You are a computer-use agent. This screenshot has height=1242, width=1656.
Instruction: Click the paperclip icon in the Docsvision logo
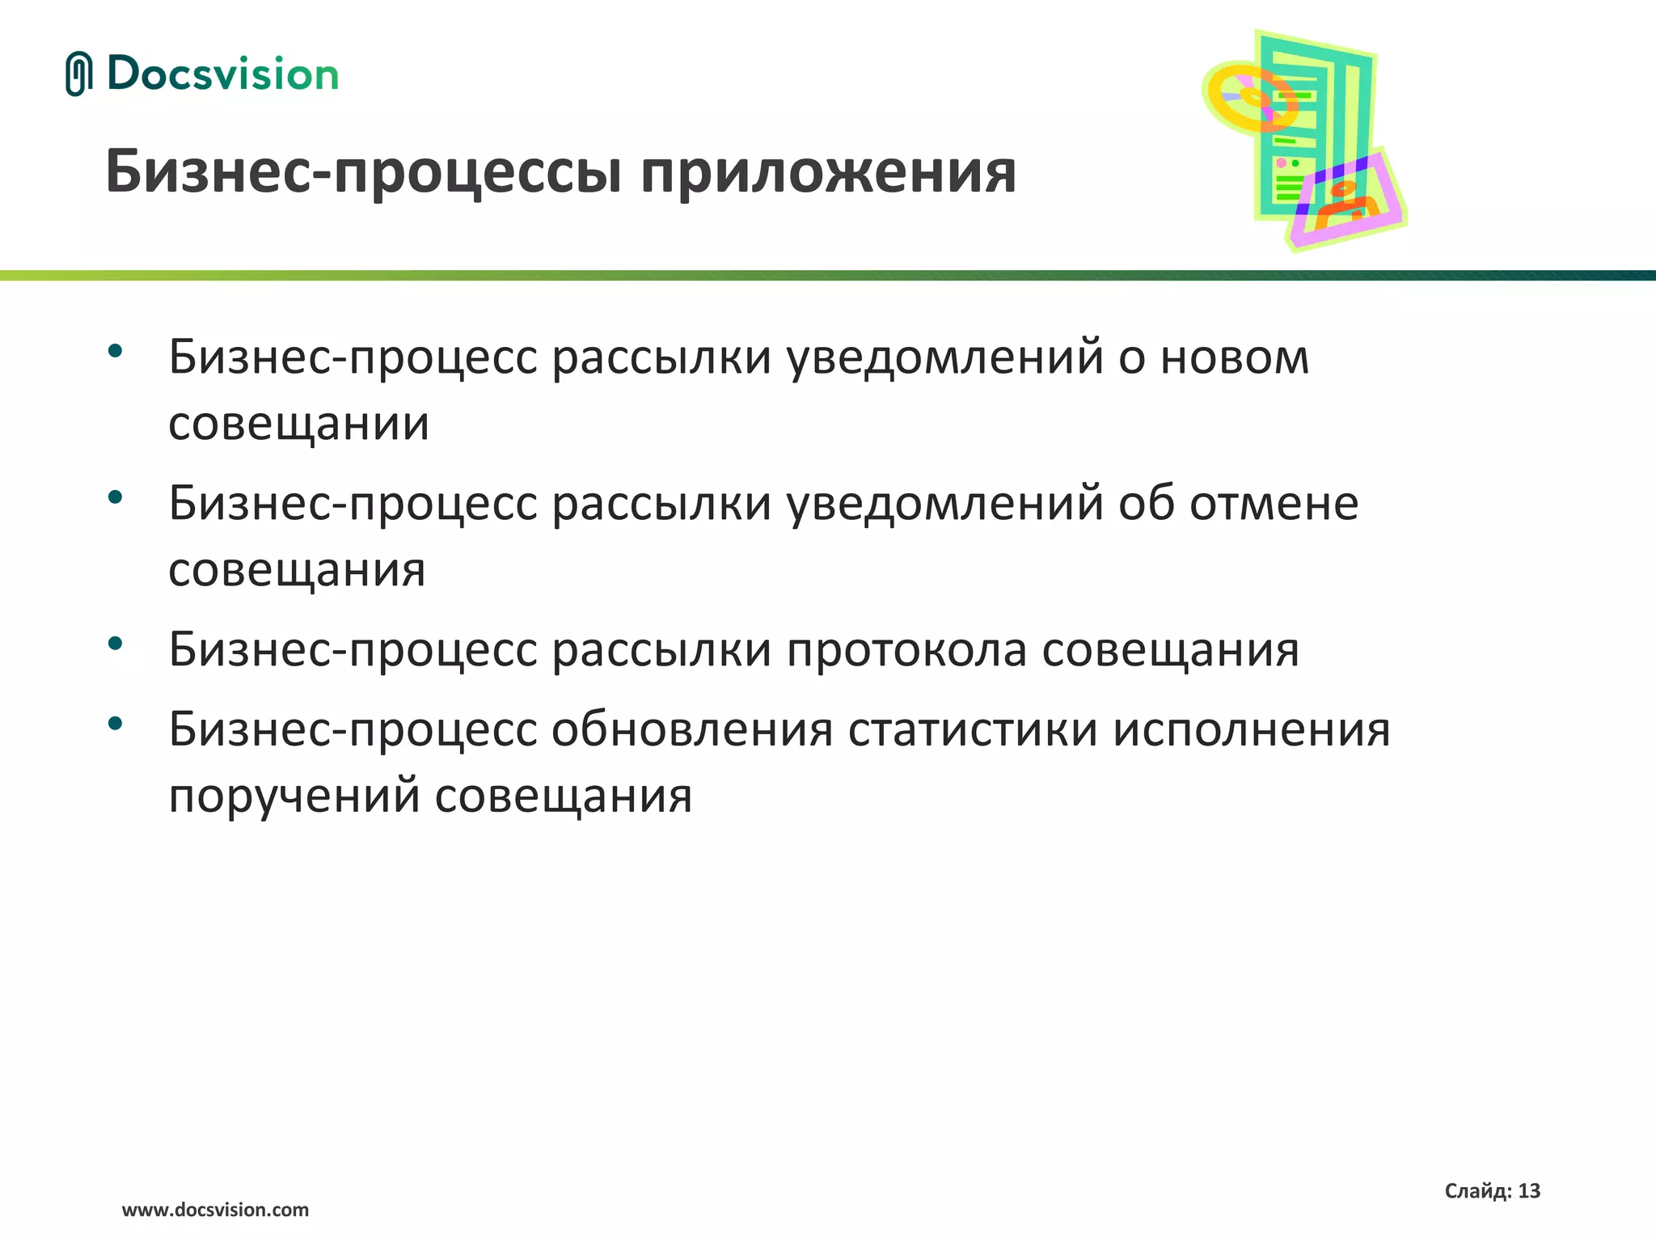click(78, 74)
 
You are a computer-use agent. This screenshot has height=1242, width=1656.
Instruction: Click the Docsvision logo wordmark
click(222, 74)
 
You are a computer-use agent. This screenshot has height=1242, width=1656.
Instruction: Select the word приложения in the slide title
click(828, 172)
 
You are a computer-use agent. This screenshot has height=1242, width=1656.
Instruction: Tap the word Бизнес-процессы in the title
click(365, 172)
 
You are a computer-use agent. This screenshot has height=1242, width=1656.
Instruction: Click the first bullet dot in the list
click(115, 351)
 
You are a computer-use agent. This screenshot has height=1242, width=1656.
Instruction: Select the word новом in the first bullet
click(1235, 357)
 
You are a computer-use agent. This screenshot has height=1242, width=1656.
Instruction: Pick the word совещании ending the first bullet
click(298, 424)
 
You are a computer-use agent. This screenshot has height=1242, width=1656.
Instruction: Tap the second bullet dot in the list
click(115, 496)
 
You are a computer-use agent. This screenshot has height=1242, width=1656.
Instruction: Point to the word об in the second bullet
click(1146, 503)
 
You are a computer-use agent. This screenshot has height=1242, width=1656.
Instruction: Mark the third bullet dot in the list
click(115, 643)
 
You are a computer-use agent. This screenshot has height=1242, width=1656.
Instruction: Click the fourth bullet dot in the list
click(115, 723)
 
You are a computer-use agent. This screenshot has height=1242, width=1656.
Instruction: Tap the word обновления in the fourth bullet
click(692, 730)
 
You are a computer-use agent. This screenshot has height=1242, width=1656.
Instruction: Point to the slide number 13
click(1529, 1191)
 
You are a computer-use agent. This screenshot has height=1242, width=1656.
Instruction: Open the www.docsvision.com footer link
click(215, 1210)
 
